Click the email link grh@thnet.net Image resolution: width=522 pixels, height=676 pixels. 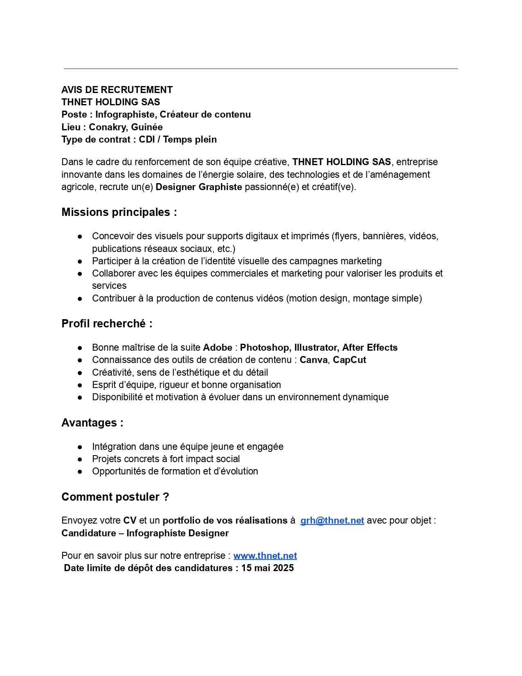point(332,520)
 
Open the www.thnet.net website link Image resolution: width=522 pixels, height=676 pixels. point(265,556)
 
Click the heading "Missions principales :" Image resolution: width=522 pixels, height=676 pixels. point(119,212)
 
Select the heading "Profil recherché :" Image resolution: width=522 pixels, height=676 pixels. point(107,324)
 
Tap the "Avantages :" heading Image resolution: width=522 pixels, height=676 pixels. point(92,423)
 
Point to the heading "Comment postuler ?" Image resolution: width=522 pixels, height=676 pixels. point(115,497)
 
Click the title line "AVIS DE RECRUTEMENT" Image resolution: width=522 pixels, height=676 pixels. point(117,90)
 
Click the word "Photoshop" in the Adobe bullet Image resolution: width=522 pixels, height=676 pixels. point(264,347)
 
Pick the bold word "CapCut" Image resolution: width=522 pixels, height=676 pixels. point(349,360)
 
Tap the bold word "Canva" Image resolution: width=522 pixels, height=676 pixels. point(314,360)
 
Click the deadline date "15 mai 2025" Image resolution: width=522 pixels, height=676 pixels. point(267,568)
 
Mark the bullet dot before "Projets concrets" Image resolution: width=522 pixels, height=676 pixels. point(80,459)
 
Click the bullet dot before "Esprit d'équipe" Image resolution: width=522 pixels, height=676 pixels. point(80,385)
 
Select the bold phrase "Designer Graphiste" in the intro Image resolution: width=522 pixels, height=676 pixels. point(199,187)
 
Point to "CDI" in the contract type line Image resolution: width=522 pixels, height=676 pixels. point(147,139)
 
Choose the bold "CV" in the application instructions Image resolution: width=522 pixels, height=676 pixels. point(130,520)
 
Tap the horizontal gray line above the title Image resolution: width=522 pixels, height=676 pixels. point(261,69)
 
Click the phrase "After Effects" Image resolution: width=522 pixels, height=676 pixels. point(370,347)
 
